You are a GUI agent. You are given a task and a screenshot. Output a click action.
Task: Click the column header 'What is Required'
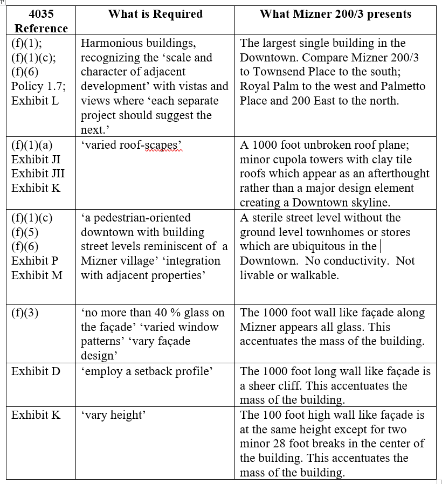click(x=155, y=14)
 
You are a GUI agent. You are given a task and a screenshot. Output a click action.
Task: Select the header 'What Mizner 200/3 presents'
click(x=335, y=14)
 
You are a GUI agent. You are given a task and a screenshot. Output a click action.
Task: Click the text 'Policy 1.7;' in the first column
click(x=38, y=86)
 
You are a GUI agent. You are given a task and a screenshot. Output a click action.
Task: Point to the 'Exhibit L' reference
click(x=35, y=101)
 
